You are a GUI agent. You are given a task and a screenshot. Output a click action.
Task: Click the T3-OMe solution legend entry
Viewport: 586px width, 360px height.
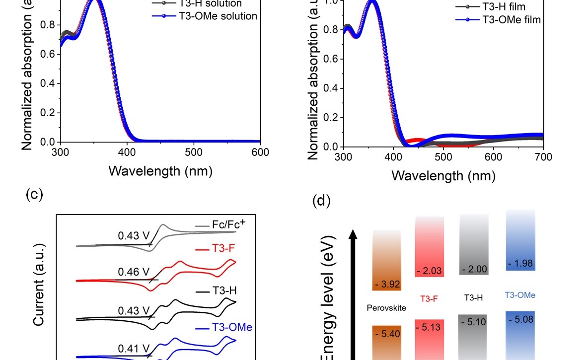coord(218,16)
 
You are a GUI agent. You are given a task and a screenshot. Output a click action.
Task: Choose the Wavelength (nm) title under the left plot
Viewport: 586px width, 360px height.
coord(160,171)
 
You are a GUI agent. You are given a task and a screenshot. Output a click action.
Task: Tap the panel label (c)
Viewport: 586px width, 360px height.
coord(34,194)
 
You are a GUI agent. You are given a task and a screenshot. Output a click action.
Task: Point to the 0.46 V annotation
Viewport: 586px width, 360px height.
coord(133,272)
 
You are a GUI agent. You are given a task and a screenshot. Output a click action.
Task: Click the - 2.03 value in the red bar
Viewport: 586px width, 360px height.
coord(429,271)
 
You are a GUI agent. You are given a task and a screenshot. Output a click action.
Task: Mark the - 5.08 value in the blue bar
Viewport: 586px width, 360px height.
coord(520,319)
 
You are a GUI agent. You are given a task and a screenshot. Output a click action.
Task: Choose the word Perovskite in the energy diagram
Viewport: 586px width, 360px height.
coord(386,308)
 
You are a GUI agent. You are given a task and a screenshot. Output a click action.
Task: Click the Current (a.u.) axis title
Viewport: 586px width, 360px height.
coord(40,284)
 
